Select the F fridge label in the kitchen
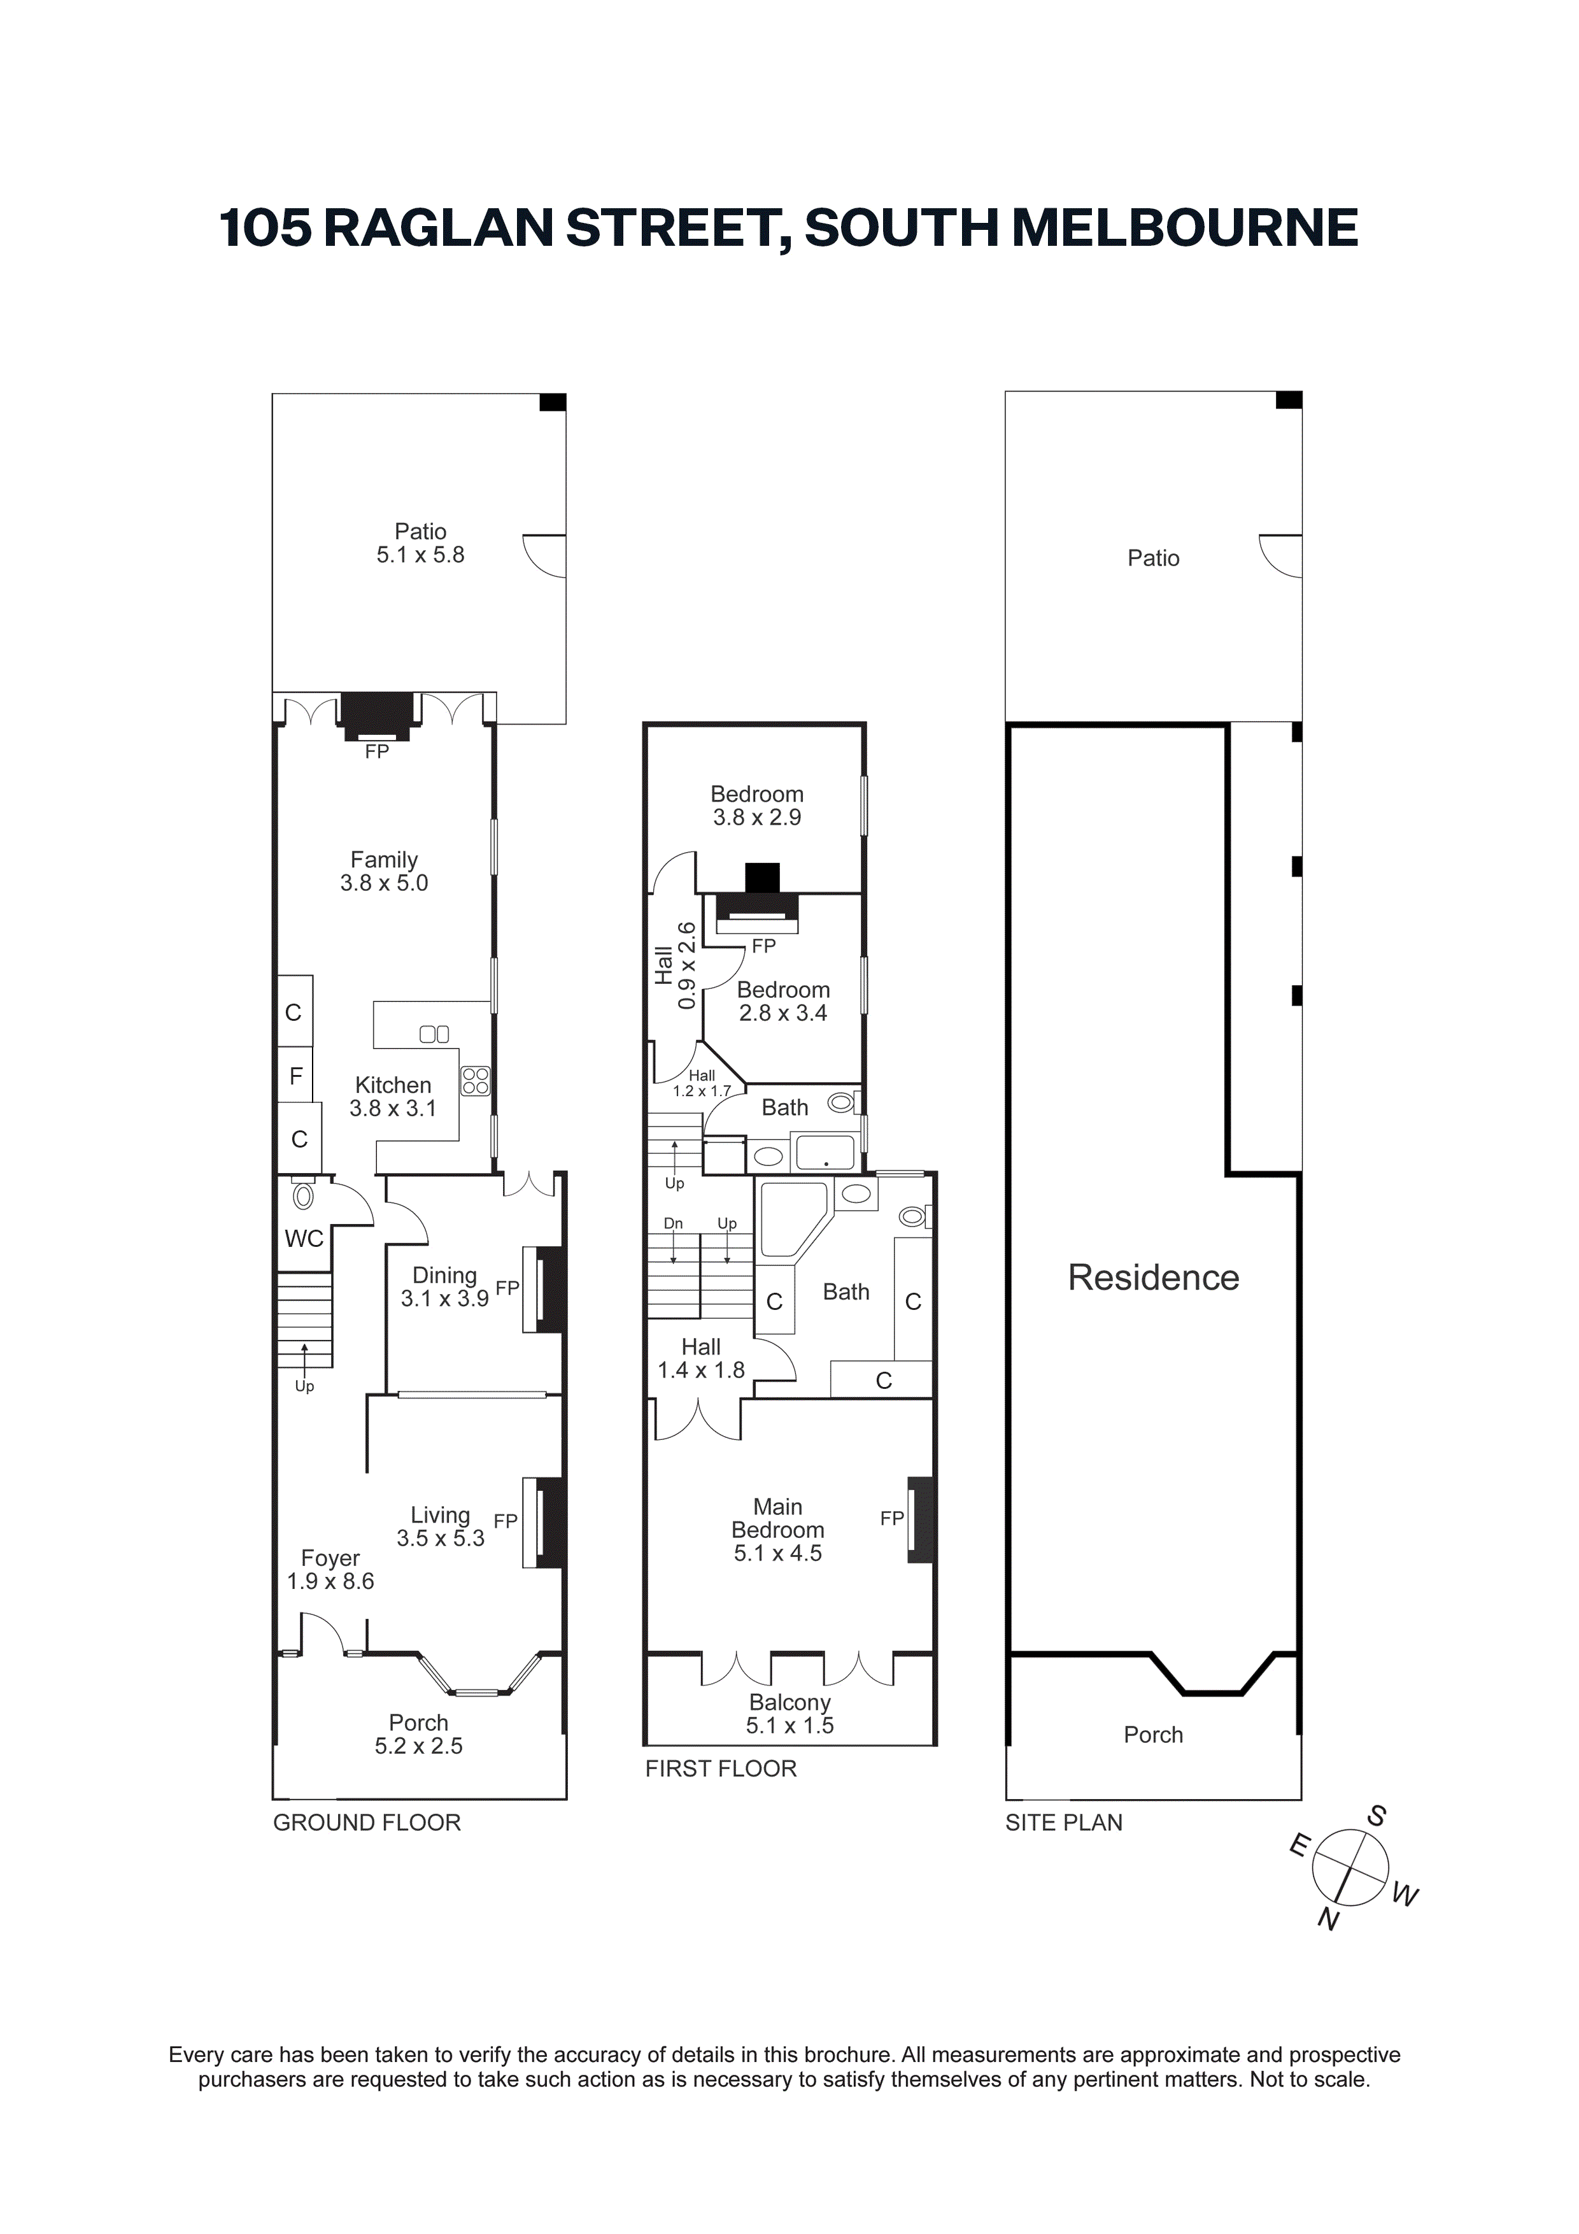(296, 1076)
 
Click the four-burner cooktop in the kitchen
(475, 1081)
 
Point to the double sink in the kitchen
(434, 1034)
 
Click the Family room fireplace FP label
(376, 751)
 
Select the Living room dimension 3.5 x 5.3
(440, 1539)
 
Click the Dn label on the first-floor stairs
(673, 1223)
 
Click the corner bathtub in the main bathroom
(792, 1221)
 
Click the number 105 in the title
(266, 228)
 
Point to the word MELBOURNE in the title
(1185, 228)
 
